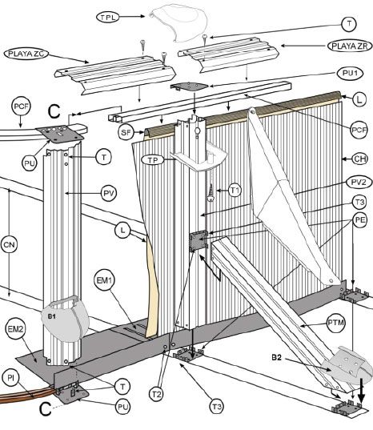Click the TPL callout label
click(108, 18)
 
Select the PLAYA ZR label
click(350, 46)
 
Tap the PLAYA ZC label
click(26, 54)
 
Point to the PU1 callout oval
click(350, 73)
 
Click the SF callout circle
click(126, 132)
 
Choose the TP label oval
click(153, 160)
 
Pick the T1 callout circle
click(235, 190)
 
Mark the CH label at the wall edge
click(360, 159)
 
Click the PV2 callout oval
click(359, 182)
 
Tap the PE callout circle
click(360, 220)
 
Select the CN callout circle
click(10, 244)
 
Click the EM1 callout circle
click(104, 280)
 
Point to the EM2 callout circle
click(16, 329)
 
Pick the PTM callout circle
click(336, 323)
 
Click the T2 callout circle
click(156, 395)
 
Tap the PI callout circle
click(10, 378)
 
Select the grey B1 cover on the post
click(65, 319)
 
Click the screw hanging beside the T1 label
click(211, 192)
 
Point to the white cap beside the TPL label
click(178, 22)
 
